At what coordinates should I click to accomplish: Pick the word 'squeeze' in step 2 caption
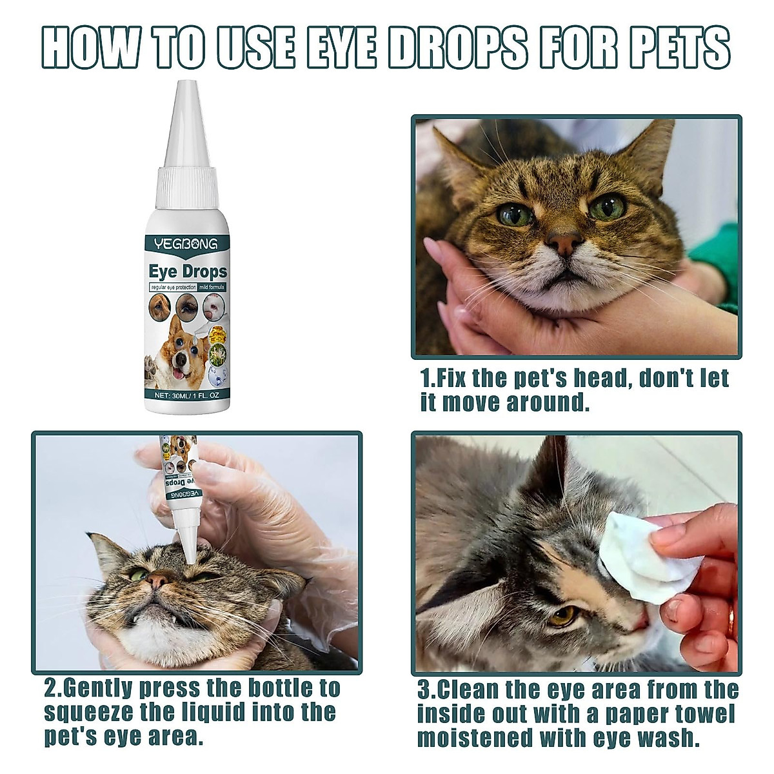[83, 712]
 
